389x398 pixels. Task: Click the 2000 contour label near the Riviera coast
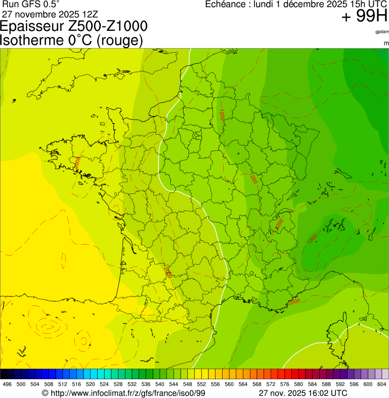pyautogui.click(x=294, y=301)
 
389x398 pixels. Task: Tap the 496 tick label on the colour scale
pyautogui.click(x=7, y=384)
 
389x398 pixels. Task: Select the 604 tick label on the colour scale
pyautogui.click(x=382, y=384)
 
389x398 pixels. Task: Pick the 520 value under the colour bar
pyautogui.click(x=90, y=384)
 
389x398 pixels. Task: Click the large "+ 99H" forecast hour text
pyautogui.click(x=364, y=17)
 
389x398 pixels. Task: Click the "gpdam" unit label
pyautogui.click(x=382, y=32)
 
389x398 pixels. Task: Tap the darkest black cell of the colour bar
pyautogui.click(x=4, y=374)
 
